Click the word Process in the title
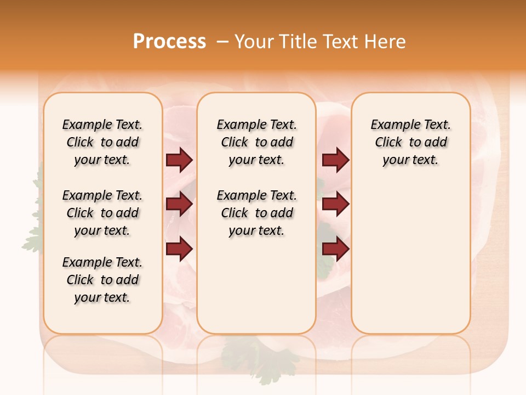[x=169, y=41]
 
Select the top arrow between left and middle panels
[x=179, y=160]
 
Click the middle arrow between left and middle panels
[x=179, y=204]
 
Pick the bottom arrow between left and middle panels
[x=179, y=249]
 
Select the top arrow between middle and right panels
[x=335, y=160]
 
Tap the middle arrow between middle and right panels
[x=335, y=204]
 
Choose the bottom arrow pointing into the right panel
[x=335, y=249]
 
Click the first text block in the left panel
[x=102, y=142]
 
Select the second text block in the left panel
[x=102, y=213]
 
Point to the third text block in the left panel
[x=102, y=280]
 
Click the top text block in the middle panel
[x=256, y=142]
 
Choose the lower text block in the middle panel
[x=256, y=213]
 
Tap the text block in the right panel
[x=411, y=142]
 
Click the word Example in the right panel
[x=391, y=125]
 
